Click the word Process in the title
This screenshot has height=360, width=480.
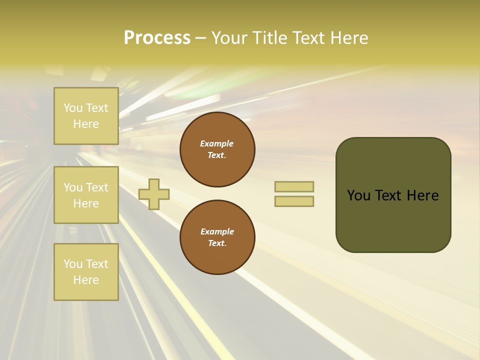click(x=157, y=38)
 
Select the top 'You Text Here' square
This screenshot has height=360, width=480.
click(x=86, y=116)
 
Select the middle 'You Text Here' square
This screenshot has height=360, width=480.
click(x=86, y=195)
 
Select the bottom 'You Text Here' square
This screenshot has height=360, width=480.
click(x=86, y=272)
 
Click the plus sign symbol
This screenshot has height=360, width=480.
click(x=154, y=194)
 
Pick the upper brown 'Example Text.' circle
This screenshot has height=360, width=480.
click(x=217, y=149)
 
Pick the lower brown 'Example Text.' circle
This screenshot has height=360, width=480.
click(x=217, y=237)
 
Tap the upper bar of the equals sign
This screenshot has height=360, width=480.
click(x=294, y=186)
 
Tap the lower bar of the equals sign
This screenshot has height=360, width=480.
click(x=294, y=201)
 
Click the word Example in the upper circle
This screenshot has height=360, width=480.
click(x=216, y=143)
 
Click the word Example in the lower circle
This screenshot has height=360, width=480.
click(x=216, y=231)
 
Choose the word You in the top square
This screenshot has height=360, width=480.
click(x=73, y=108)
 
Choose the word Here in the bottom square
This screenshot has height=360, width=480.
click(x=86, y=280)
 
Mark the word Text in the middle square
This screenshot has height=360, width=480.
click(x=96, y=187)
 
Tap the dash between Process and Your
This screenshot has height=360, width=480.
click(x=200, y=38)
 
